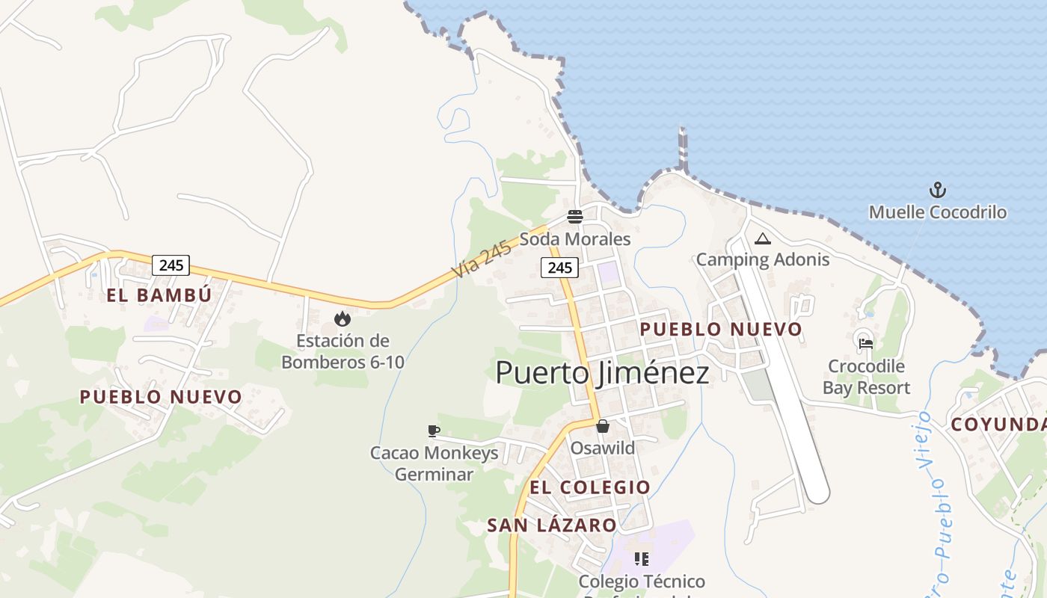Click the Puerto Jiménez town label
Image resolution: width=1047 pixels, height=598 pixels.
tap(602, 372)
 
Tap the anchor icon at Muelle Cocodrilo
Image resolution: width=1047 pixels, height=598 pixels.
tap(937, 190)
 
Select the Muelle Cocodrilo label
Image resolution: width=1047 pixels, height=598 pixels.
tap(937, 212)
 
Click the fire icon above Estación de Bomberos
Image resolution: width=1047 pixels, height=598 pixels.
tap(343, 319)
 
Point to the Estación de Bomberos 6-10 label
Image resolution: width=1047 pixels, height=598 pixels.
tap(343, 351)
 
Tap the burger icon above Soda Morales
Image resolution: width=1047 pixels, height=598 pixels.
tap(574, 217)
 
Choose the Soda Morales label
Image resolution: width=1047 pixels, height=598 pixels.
tap(574, 239)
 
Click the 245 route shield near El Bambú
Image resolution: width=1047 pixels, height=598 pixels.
tap(171, 265)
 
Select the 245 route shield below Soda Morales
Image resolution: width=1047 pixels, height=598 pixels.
tap(559, 268)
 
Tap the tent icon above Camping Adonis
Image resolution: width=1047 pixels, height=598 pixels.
tap(762, 239)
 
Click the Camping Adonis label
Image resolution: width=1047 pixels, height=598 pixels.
tap(762, 259)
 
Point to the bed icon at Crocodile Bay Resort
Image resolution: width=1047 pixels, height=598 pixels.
tap(866, 344)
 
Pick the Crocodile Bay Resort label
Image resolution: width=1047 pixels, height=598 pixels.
tap(866, 377)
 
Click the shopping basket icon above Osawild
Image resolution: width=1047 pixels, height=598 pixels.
tap(602, 426)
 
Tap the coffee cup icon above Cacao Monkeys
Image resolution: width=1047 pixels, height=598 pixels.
tap(433, 431)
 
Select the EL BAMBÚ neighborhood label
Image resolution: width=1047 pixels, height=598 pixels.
tap(159, 295)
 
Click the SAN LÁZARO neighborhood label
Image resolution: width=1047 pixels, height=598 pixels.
tap(552, 525)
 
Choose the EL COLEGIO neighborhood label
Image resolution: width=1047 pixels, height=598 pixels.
tap(590, 487)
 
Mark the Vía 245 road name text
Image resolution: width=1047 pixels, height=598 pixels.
tap(482, 259)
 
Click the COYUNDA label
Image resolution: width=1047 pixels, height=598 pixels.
tap(998, 425)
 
